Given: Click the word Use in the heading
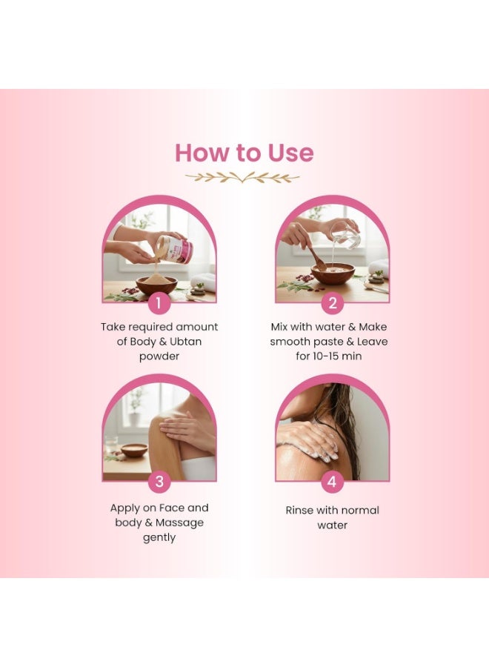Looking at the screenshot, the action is tap(291, 153).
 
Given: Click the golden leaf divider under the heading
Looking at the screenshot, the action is tap(242, 177).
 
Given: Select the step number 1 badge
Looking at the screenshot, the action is tap(159, 303).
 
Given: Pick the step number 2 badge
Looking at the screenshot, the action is tap(332, 303).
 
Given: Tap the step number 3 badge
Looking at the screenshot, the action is tap(159, 482).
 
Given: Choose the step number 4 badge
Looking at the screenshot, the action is tap(332, 482).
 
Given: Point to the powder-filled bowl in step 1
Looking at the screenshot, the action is tap(156, 285).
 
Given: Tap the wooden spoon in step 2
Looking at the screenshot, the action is tap(317, 257).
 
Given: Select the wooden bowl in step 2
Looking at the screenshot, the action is tap(333, 274).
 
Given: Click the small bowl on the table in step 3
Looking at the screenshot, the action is tap(134, 450).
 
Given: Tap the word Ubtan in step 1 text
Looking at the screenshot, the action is tap(185, 342).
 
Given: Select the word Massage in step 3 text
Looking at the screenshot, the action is tap(179, 523).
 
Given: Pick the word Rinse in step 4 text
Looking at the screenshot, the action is tap(300, 510).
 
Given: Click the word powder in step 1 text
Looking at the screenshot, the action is tap(159, 357).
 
